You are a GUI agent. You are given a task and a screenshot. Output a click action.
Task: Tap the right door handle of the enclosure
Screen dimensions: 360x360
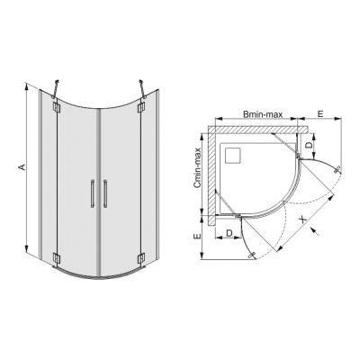click(106, 193)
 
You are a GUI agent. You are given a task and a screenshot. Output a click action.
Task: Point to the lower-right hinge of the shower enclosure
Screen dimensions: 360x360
click(141, 258)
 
